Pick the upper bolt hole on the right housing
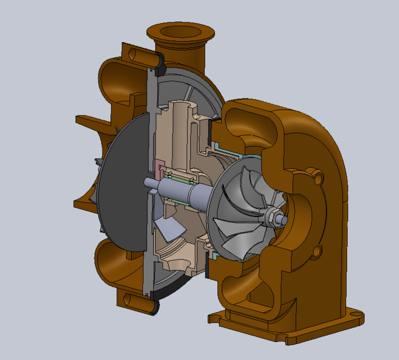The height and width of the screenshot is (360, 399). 320,178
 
